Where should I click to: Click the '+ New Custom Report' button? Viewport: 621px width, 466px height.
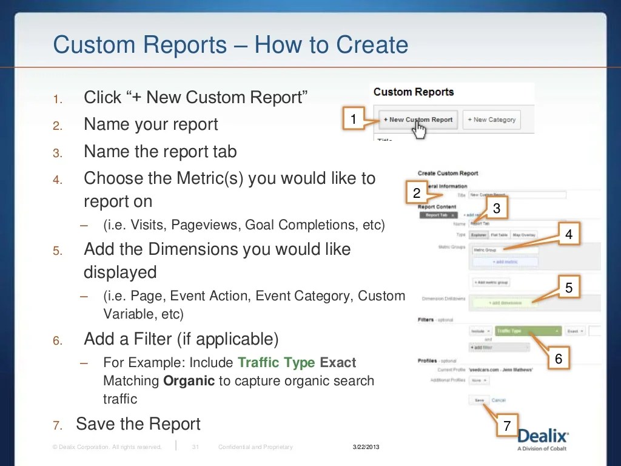(418, 120)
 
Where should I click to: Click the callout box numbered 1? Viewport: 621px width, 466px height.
(354, 120)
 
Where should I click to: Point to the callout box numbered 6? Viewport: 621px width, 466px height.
(559, 359)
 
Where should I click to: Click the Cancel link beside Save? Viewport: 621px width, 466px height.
(498, 400)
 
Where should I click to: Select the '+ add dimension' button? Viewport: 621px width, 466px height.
(505, 302)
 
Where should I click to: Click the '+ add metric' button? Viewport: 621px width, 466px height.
(505, 262)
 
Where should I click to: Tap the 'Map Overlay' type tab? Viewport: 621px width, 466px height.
(524, 234)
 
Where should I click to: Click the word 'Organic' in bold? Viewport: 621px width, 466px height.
(189, 381)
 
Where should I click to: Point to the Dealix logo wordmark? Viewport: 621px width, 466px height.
(543, 436)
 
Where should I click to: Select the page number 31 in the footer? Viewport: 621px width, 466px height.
(195, 447)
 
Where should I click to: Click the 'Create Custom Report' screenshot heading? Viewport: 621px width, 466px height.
(448, 174)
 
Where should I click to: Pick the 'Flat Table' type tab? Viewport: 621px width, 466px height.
(499, 234)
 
